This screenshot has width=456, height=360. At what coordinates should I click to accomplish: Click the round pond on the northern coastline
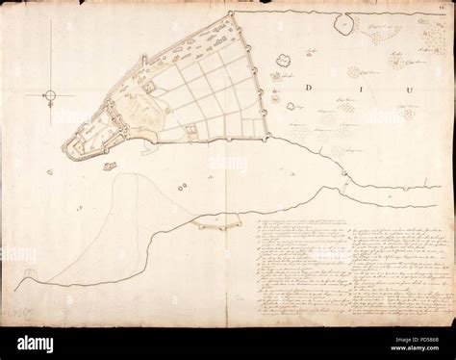[x=342, y=22]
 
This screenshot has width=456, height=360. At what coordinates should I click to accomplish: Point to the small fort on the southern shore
[x=209, y=224]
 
